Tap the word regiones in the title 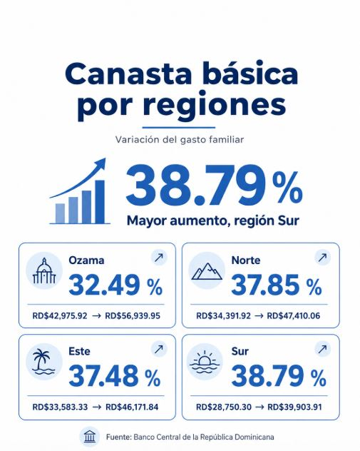pos(214,105)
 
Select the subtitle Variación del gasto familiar pos(180,139)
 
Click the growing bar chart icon pos(79,191)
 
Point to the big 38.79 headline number pos(197,185)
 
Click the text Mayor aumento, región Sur pos(213,221)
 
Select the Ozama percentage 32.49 pos(104,285)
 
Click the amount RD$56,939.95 pos(133,316)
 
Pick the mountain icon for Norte pos(207,271)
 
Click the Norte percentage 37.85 pos(265,285)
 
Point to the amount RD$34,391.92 pos(224,316)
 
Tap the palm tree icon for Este pos(43,363)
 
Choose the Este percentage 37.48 pos(103,376)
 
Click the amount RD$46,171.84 pos(132,407)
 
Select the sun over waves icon pos(205,362)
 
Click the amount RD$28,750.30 pos(224,407)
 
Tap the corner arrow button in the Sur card pos(323,349)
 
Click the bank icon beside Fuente pos(90,437)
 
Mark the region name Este pos(79,351)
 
